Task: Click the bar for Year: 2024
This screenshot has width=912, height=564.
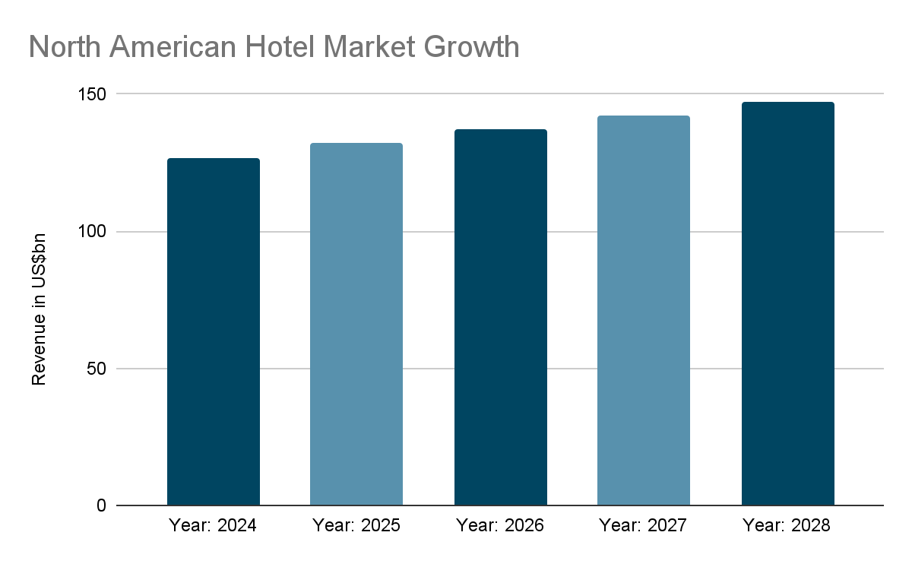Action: coord(214,331)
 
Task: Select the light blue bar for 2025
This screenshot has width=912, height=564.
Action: coord(356,324)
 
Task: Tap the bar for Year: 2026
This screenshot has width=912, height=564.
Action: coord(500,317)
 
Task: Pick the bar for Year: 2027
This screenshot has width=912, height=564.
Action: coord(643,310)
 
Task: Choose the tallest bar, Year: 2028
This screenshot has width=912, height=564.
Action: coord(788,304)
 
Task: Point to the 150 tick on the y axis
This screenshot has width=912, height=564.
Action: coord(92,94)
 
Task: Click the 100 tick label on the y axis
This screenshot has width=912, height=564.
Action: coord(92,232)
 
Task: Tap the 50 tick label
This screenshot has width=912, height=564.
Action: coord(97,369)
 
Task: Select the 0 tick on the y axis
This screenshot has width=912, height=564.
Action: coord(101,505)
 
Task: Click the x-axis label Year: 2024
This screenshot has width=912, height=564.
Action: coord(213,525)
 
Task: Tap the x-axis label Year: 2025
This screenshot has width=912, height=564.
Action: coord(356,525)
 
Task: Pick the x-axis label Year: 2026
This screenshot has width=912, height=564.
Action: coord(500,525)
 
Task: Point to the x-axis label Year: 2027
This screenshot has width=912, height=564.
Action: coord(643,525)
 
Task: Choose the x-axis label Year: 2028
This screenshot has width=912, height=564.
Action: coord(787,525)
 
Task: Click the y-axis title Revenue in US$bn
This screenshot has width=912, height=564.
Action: coord(39,309)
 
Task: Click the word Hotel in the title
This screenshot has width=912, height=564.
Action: coord(280,47)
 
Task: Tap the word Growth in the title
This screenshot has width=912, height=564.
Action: coord(471,47)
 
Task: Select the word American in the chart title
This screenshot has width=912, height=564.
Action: coord(173,47)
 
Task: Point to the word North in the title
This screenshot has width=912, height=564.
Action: coord(65,47)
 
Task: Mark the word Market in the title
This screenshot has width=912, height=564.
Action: coord(369,47)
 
